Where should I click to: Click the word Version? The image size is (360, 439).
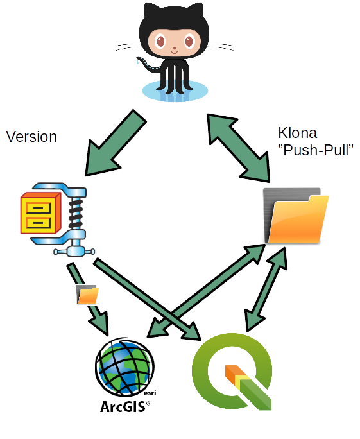pos(31,137)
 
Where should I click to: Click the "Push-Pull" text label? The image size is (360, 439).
pos(316,150)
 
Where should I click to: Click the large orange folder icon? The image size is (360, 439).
pos(296,216)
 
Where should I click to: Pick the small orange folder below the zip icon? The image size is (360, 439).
pos(87,294)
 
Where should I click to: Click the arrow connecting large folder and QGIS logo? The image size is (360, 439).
pos(264,286)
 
